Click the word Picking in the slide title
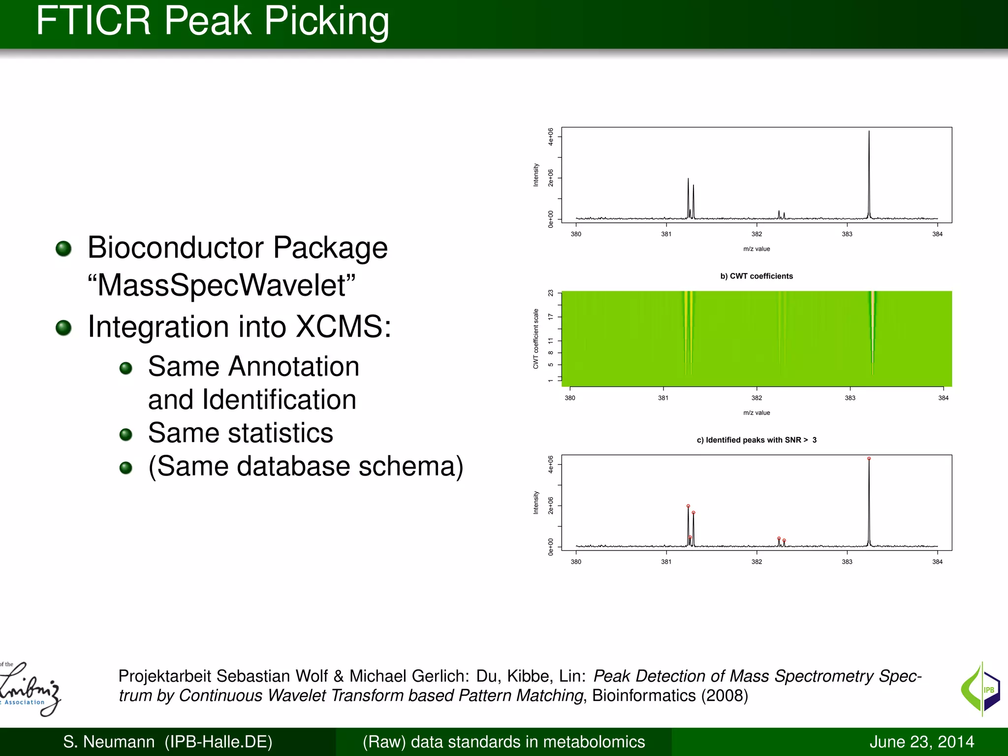click(326, 22)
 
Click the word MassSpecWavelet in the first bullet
click(221, 285)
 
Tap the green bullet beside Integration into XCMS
click(63, 327)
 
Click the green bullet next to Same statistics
click(126, 434)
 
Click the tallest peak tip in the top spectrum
click(869, 132)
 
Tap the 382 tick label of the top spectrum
click(756, 234)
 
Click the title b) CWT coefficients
click(756, 276)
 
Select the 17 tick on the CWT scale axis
click(550, 317)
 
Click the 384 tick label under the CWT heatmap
click(943, 398)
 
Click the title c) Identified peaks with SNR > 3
click(756, 440)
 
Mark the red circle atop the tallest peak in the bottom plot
click(869, 459)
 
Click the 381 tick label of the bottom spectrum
click(666, 562)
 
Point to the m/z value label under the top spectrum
click(756, 249)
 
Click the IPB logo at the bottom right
click(980, 689)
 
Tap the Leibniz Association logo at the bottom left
click(30, 689)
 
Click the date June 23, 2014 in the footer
click(921, 742)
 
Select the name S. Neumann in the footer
click(109, 742)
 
